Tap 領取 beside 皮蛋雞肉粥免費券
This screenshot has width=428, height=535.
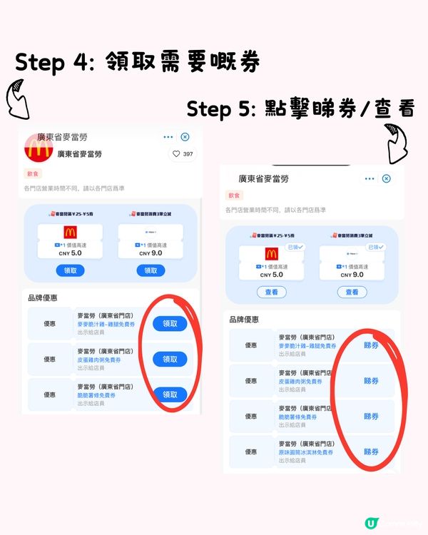click(x=170, y=359)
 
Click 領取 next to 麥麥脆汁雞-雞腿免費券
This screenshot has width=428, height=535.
click(x=170, y=323)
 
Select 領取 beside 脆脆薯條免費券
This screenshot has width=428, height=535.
click(x=170, y=394)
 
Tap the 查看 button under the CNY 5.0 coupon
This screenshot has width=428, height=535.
click(x=271, y=292)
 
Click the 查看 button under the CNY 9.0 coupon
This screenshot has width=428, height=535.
click(x=352, y=292)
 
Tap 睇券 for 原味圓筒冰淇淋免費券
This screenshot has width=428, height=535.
click(x=371, y=452)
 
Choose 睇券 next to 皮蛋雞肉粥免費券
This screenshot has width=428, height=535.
click(x=371, y=380)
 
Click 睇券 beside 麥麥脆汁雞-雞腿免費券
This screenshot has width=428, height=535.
click(x=371, y=345)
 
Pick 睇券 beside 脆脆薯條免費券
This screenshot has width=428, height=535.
click(x=371, y=416)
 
